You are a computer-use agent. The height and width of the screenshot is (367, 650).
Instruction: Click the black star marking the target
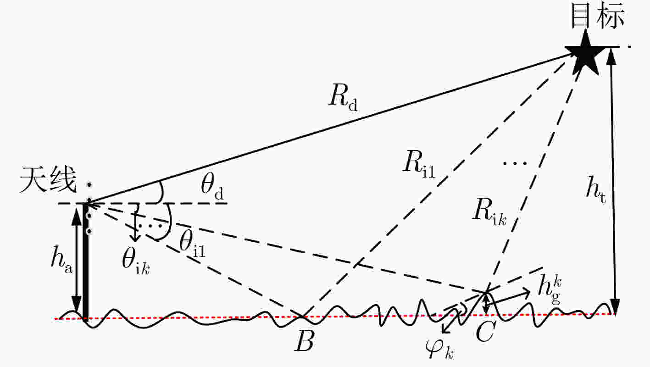[585, 53]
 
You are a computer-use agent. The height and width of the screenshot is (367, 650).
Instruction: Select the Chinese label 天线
[48, 179]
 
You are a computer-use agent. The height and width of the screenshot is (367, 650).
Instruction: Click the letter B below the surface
[305, 341]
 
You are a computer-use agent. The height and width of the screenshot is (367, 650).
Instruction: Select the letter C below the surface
[485, 331]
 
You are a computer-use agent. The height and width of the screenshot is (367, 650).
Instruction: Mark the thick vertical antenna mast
[85, 261]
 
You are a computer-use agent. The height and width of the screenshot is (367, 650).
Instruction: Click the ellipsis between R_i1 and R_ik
[515, 164]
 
